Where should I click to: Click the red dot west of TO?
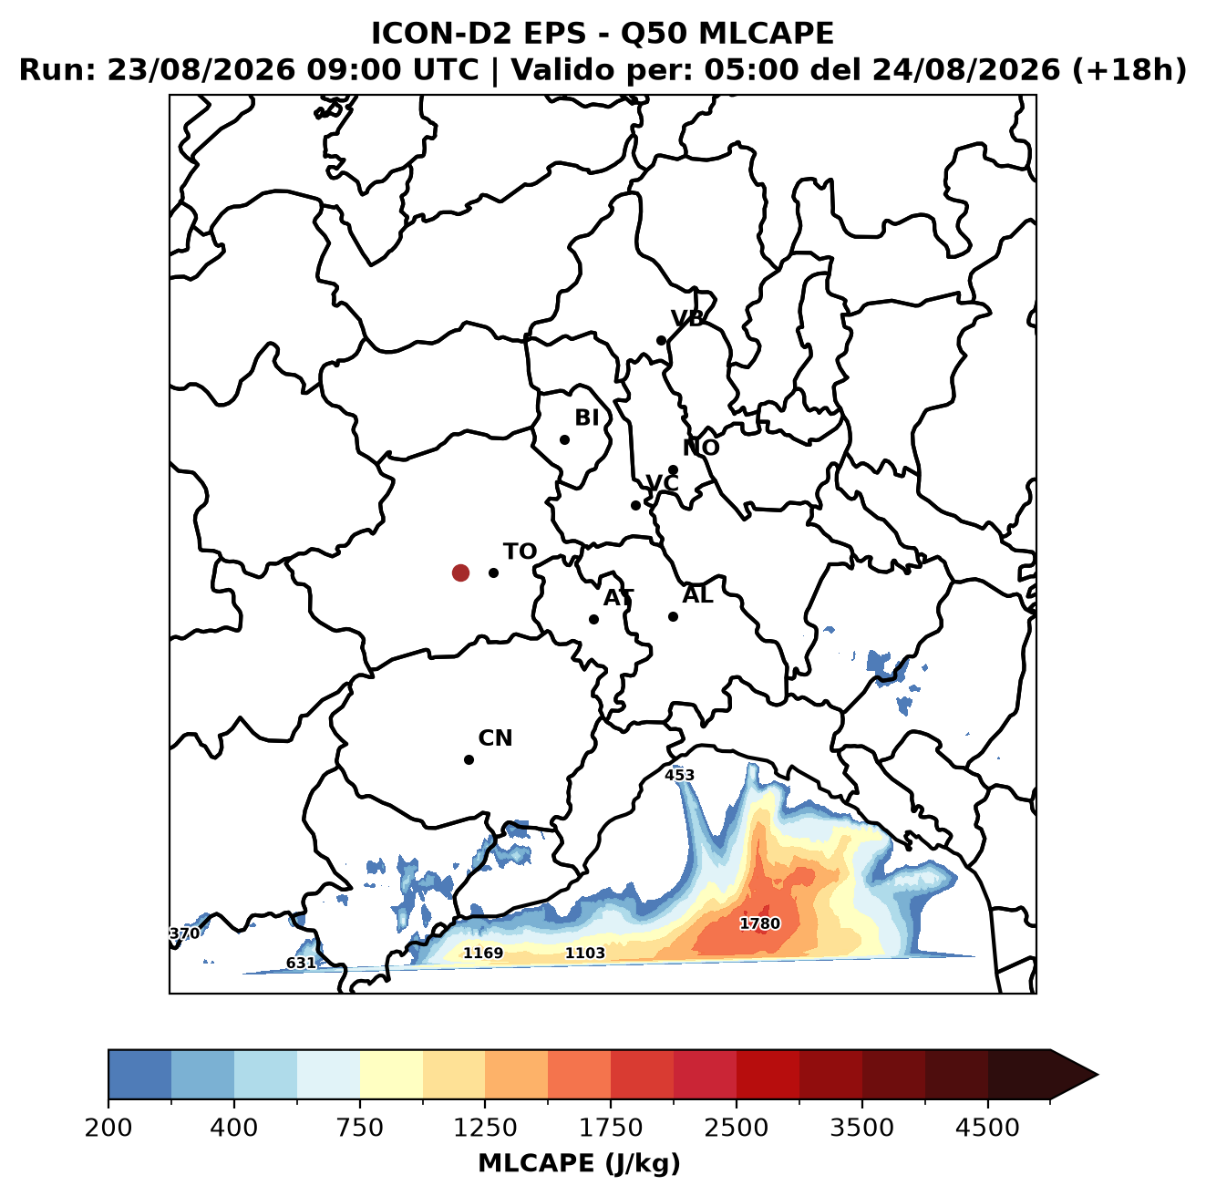click(460, 572)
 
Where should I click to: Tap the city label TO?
click(520, 552)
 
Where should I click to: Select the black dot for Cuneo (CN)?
click(469, 759)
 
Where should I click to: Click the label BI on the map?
click(586, 418)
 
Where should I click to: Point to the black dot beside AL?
click(673, 616)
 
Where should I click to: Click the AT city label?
click(618, 598)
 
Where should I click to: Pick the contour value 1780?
click(759, 923)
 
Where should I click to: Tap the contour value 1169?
click(482, 953)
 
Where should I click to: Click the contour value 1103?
click(584, 953)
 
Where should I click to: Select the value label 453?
click(679, 775)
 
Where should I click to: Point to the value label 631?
click(301, 963)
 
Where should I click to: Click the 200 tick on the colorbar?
click(108, 1127)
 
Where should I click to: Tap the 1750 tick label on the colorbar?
click(610, 1127)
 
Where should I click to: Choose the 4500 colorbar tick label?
click(987, 1127)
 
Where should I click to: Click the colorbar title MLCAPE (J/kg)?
click(579, 1163)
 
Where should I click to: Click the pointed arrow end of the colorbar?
click(1098, 1076)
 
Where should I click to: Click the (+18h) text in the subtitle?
click(1129, 69)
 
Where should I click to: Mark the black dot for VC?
click(635, 505)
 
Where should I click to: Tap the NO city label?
click(700, 448)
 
